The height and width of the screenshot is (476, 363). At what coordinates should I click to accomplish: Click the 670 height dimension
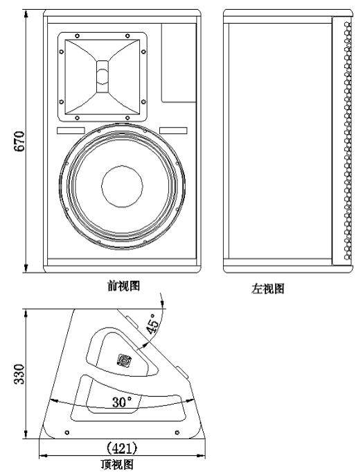pyautogui.click(x=19, y=141)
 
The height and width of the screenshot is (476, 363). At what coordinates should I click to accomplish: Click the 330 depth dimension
pyautogui.click(x=19, y=374)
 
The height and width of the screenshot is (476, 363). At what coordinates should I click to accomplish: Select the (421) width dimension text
pyautogui.click(x=122, y=448)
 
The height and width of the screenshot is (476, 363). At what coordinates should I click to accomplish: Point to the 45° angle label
pyautogui.click(x=153, y=323)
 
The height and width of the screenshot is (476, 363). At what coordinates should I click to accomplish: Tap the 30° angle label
pyautogui.click(x=122, y=402)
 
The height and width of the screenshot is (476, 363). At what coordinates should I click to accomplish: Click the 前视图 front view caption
pyautogui.click(x=123, y=286)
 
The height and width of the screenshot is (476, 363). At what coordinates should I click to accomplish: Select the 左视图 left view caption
pyautogui.click(x=267, y=289)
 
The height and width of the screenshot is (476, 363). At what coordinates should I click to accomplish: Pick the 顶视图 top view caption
pyautogui.click(x=117, y=464)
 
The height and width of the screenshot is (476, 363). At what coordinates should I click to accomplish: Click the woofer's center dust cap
pyautogui.click(x=122, y=187)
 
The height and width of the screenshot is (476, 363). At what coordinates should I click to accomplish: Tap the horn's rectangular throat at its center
pyautogui.click(x=103, y=76)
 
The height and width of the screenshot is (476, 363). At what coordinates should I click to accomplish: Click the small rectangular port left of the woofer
pyautogui.click(x=71, y=130)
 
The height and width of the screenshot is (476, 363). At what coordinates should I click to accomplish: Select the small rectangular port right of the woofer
pyautogui.click(x=173, y=130)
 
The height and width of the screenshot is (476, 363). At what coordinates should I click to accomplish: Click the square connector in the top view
pyautogui.click(x=124, y=361)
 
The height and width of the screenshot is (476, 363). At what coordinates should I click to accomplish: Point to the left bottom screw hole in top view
pyautogui.click(x=67, y=432)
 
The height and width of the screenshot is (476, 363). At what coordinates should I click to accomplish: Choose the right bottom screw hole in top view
pyautogui.click(x=177, y=432)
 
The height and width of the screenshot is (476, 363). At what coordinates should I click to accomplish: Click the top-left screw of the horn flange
pyautogui.click(x=78, y=36)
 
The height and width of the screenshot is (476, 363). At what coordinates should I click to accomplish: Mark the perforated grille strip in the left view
pyautogui.click(x=348, y=141)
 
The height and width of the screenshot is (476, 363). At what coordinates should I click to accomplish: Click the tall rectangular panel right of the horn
pyautogui.click(x=179, y=62)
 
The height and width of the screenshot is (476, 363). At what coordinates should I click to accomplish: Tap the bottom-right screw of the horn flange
pyautogui.click(x=127, y=118)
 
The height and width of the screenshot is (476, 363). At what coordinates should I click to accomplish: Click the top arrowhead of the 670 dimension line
pyautogui.click(x=26, y=13)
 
